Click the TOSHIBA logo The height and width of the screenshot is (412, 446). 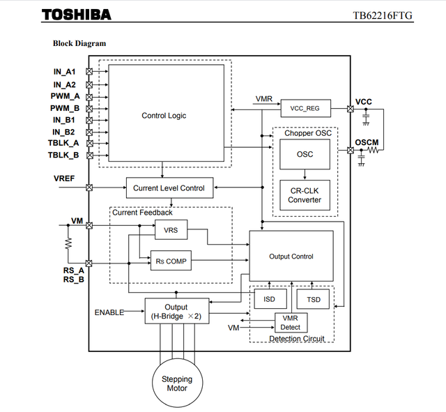click(77, 15)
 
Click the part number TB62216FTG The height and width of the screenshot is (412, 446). click(383, 15)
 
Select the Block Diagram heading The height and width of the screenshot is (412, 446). click(79, 43)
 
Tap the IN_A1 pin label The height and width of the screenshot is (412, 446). click(64, 72)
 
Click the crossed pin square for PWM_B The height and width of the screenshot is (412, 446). click(89, 109)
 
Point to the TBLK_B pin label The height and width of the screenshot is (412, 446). click(63, 155)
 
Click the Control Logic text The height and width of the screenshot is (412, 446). click(164, 116)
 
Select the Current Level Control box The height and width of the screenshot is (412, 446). click(169, 188)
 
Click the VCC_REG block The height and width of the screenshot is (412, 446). click(306, 108)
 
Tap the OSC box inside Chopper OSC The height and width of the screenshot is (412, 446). click(305, 154)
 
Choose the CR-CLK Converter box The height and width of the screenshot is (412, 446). click(305, 195)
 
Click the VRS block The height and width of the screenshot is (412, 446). click(171, 229)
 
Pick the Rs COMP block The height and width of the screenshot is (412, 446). click(171, 260)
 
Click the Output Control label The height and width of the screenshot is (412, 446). click(291, 257)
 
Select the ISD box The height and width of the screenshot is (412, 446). click(270, 299)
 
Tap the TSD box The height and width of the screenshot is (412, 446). click(313, 299)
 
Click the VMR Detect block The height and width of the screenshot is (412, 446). click(291, 323)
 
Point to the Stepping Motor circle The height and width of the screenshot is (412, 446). click(178, 383)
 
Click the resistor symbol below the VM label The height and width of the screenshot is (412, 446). click(68, 243)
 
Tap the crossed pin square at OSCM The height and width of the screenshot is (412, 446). click(351, 151)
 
